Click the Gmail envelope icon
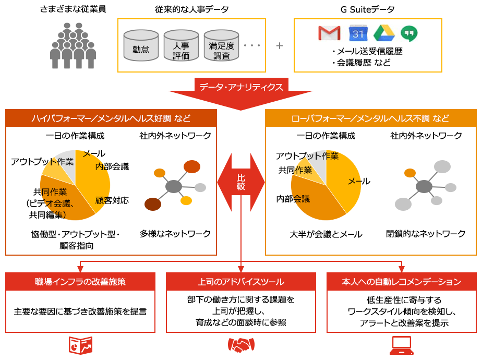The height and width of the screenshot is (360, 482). [x=330, y=34]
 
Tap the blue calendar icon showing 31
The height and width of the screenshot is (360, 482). [x=357, y=34]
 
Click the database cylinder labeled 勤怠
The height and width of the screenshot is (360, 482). [x=141, y=46]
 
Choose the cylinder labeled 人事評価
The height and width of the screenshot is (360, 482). [x=181, y=46]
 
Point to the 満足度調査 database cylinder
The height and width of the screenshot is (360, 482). [x=221, y=46]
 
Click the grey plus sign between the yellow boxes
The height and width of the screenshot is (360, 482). [x=280, y=45]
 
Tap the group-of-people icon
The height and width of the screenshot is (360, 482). [x=73, y=45]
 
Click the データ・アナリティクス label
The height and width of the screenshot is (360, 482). [x=241, y=87]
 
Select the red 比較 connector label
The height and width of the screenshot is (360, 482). [x=241, y=182]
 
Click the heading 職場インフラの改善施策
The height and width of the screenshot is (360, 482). [x=80, y=282]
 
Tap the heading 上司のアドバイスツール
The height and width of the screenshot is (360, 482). [x=241, y=282]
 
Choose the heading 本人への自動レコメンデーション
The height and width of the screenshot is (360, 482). [x=401, y=282]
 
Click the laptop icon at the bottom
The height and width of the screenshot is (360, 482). [x=401, y=345]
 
